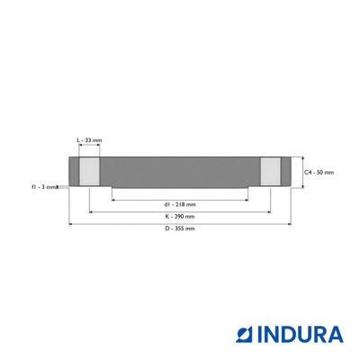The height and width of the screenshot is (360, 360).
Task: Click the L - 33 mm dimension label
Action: [89, 140]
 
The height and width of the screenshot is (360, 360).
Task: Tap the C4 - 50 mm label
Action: [319, 173]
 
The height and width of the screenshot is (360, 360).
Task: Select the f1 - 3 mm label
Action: [44, 187]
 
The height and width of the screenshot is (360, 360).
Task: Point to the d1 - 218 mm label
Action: [180, 204]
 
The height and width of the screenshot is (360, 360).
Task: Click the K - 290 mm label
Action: [180, 216]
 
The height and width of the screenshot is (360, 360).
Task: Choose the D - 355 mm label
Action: [180, 229]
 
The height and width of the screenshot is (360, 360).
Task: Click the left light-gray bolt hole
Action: [89, 172]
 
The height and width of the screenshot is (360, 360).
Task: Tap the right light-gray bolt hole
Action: [270, 172]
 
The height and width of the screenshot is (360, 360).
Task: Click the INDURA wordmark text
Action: [301, 335]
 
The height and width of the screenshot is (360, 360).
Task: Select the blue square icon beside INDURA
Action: [245, 335]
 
